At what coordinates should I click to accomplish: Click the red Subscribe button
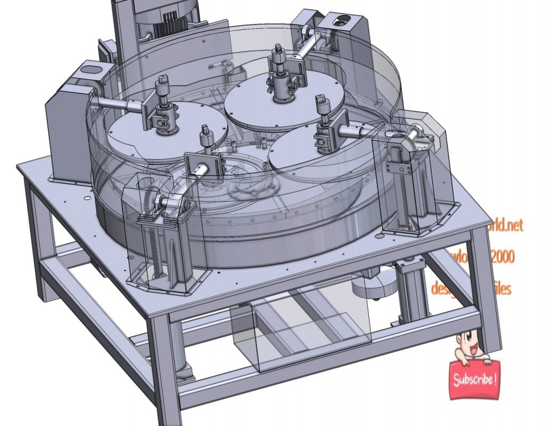tap(475, 379)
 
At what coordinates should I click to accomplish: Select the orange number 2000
tap(501, 258)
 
